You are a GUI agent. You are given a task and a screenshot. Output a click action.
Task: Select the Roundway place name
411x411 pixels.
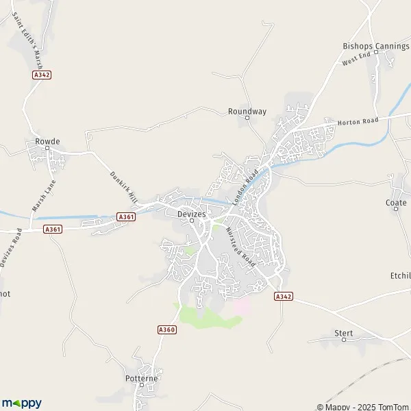click(x=247, y=110)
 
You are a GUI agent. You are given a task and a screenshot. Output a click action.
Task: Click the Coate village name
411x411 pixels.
click(x=397, y=202)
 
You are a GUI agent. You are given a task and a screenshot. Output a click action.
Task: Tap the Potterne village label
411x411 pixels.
click(x=142, y=378)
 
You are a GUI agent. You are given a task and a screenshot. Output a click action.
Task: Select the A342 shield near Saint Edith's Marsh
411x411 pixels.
click(x=42, y=75)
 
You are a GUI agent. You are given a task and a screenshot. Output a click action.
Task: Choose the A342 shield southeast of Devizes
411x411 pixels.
click(x=283, y=296)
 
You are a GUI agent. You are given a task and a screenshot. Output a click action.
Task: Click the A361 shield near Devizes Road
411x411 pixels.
click(x=53, y=229)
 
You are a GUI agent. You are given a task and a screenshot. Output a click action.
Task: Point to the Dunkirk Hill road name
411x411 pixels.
click(x=123, y=186)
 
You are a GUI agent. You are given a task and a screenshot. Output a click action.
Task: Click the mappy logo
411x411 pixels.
click(x=22, y=403)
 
